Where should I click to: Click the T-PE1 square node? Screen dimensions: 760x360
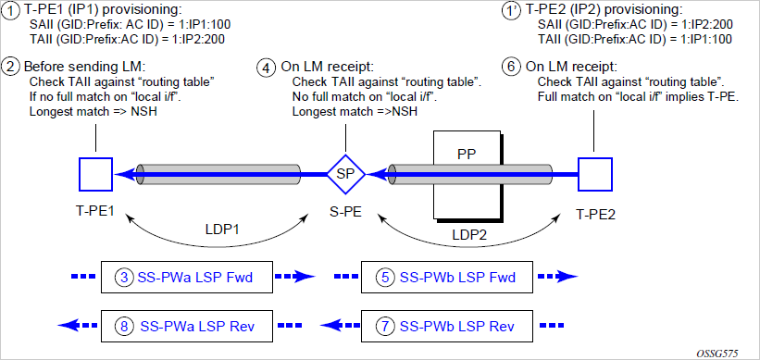coord(95,174)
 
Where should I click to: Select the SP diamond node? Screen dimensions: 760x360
coord(345,174)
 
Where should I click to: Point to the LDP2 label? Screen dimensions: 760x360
coord(468,234)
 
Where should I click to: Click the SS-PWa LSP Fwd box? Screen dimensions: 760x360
coord(187,277)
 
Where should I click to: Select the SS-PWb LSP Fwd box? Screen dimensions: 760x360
coord(448,277)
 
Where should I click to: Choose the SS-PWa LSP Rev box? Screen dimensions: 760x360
coord(187,326)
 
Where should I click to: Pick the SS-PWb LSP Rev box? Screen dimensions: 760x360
coord(448,326)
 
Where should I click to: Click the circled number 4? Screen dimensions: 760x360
coord(266,67)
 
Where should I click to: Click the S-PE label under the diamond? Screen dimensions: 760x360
coord(345,213)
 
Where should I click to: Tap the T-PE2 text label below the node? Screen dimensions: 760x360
coord(594,214)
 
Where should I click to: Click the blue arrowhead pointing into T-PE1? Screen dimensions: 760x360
coord(122,174)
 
